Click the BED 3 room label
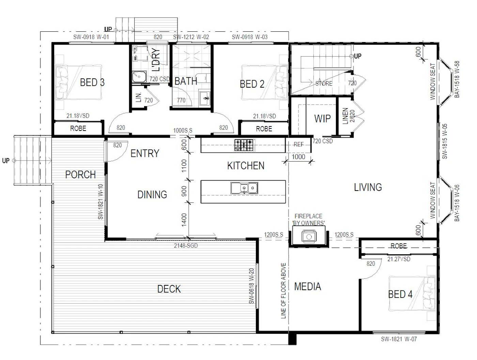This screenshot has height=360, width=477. point(92,82)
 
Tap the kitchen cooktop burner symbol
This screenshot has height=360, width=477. point(244,145)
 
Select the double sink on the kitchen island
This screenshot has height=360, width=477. point(244,188)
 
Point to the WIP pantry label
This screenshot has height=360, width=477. point(322,119)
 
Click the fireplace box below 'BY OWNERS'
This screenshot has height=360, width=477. point(309,235)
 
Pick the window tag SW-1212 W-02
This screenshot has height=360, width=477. point(191,37)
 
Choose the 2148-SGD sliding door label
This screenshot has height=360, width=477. point(186,246)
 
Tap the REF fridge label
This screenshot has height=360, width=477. point(298,145)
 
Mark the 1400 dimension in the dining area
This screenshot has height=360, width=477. point(184,220)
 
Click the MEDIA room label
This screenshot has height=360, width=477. point(308,286)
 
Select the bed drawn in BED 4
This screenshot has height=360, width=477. point(412,293)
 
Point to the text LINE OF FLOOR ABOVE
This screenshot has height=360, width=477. point(283,291)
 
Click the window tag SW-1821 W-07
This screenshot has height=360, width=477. point(399,339)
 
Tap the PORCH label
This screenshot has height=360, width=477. point(80,175)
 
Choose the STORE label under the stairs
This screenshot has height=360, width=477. point(324,84)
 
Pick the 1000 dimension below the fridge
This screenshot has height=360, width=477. point(298,157)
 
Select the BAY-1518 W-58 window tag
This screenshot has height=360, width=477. point(457,79)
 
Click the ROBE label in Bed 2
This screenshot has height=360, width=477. point(264,129)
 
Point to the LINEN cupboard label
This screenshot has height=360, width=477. point(345,116)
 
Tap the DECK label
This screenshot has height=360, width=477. point(169,289)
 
